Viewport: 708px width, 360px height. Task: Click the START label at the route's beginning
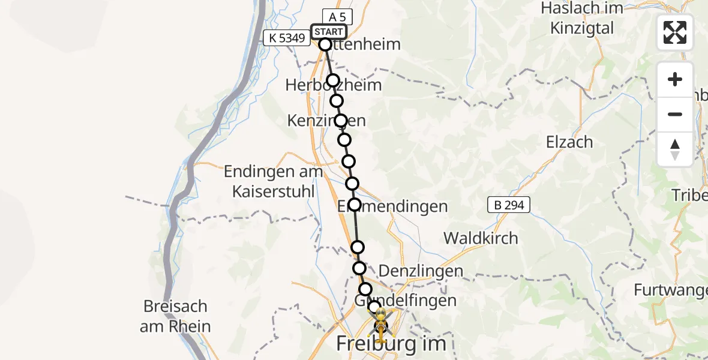pyautogui.click(x=329, y=32)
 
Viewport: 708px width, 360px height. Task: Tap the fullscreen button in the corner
pyautogui.click(x=675, y=32)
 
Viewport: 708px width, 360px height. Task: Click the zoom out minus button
pyautogui.click(x=675, y=114)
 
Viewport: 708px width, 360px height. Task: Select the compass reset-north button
pyautogui.click(x=675, y=149)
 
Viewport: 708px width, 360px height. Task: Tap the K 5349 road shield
pyautogui.click(x=287, y=38)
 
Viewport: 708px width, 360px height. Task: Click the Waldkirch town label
pyautogui.click(x=481, y=238)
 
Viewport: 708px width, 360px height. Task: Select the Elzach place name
pyautogui.click(x=569, y=142)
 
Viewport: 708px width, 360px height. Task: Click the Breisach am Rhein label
pyautogui.click(x=175, y=316)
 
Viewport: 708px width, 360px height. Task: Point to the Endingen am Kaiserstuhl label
pyautogui.click(x=273, y=181)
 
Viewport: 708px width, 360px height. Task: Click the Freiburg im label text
pyautogui.click(x=391, y=344)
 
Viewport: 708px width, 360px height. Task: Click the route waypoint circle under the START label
pyautogui.click(x=325, y=44)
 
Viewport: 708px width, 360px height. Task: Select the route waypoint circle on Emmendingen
pyautogui.click(x=355, y=205)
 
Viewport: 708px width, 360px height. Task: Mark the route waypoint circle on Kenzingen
pyautogui.click(x=341, y=121)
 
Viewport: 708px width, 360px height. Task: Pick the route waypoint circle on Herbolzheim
pyautogui.click(x=333, y=81)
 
